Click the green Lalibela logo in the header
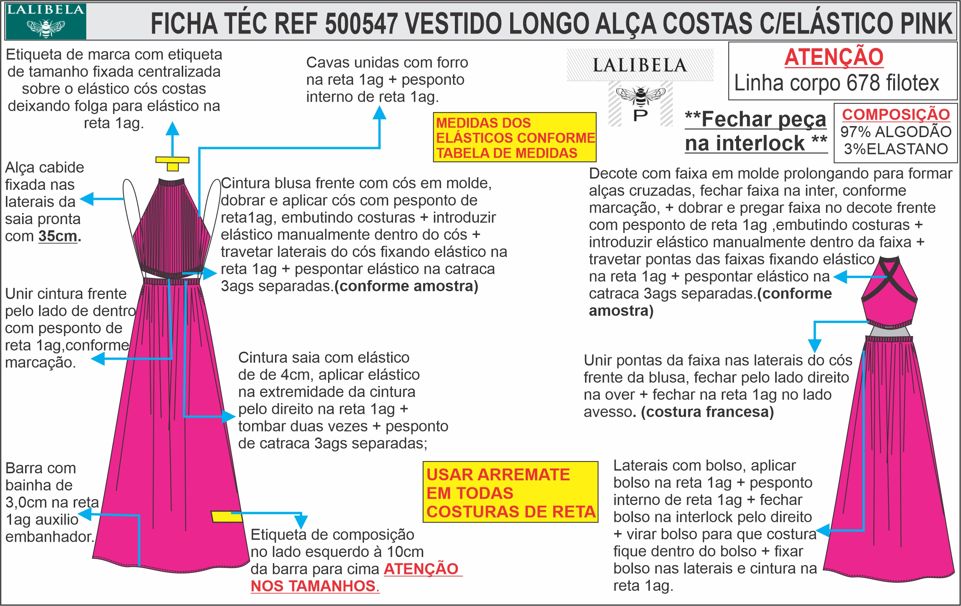click(45, 21)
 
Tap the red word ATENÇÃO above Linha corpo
click(834, 57)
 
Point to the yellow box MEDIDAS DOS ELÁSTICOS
click(515, 137)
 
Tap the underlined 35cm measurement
click(58, 236)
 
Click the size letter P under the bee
click(640, 116)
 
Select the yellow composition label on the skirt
click(227, 517)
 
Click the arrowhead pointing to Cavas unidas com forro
click(379, 113)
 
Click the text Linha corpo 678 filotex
click(836, 83)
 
